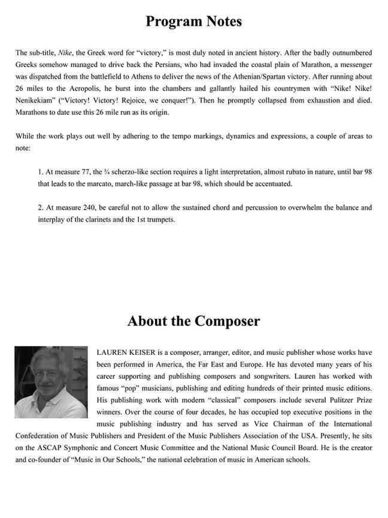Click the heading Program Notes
click(193, 22)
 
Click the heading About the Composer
click(193, 321)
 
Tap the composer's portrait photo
click(51, 382)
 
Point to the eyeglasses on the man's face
click(47, 374)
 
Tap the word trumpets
click(160, 220)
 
